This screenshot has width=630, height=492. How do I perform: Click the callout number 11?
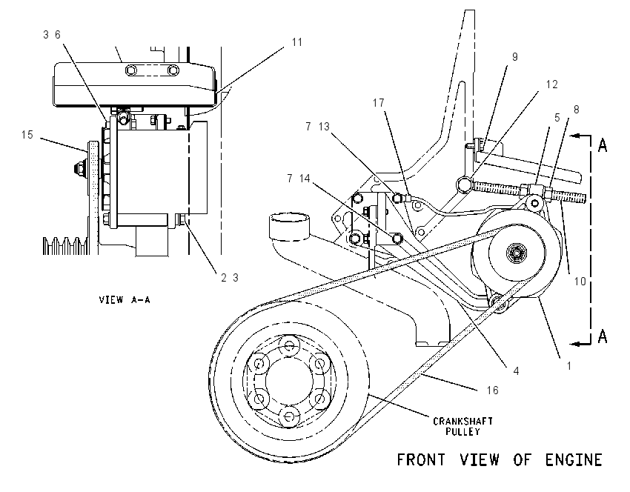tap(297, 42)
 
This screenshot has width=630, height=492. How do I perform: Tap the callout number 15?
tap(27, 135)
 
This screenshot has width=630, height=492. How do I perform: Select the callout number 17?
tap(379, 103)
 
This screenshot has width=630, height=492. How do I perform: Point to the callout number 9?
tap(515, 57)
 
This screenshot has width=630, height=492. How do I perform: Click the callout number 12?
tap(552, 84)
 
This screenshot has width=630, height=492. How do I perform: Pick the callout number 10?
tap(580, 282)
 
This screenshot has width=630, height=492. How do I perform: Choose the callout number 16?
tap(493, 390)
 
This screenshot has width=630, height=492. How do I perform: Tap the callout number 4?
tap(517, 371)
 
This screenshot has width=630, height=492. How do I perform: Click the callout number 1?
tap(569, 366)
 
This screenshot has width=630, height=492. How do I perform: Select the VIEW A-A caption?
tap(125, 299)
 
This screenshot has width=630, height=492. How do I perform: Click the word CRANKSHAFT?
tap(462, 422)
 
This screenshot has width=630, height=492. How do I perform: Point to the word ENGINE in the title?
tap(574, 460)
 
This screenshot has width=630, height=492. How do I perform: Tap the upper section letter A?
tap(603, 145)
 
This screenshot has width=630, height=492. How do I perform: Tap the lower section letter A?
tap(603, 336)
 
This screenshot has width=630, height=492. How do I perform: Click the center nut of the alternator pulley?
tap(514, 253)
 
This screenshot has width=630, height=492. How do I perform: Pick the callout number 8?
tap(577, 110)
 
